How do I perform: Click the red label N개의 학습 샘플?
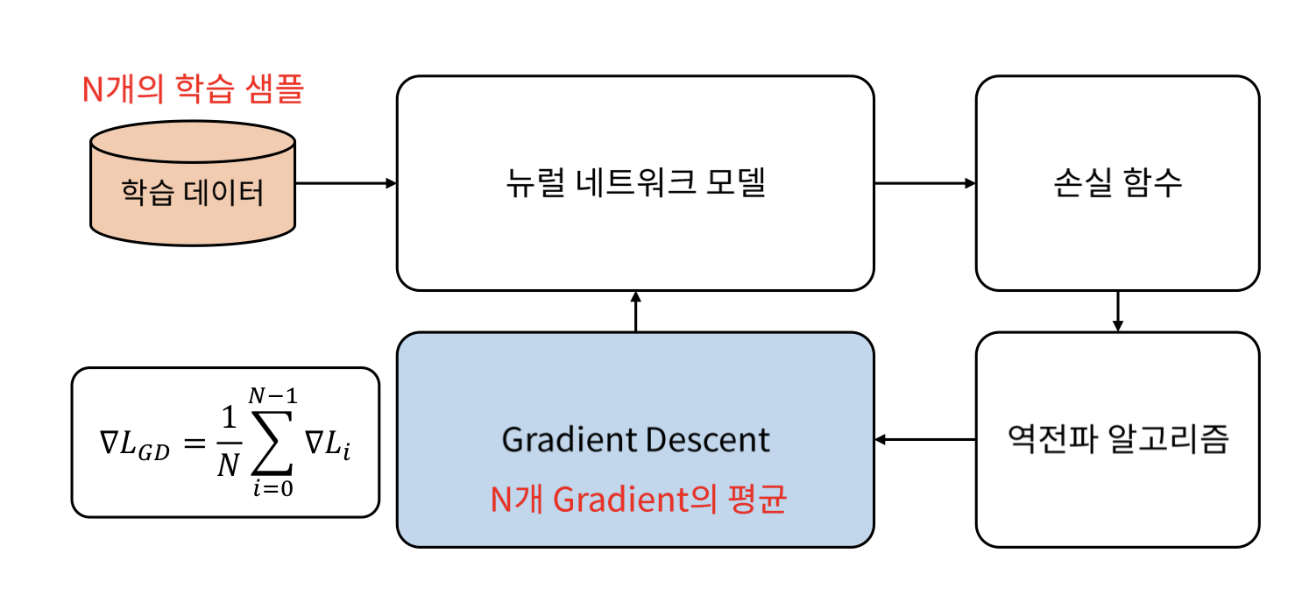pos(192,89)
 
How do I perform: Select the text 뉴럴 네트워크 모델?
pos(635,184)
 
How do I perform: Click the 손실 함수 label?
pos(1117,184)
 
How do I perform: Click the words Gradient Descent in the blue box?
pos(635,439)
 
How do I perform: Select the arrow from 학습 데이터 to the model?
pos(346,183)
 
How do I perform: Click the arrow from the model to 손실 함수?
pos(925,183)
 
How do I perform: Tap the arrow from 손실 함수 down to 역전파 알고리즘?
pos(1117,311)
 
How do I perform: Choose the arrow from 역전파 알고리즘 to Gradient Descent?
pos(925,439)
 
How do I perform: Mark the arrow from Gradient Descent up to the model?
pos(635,311)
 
